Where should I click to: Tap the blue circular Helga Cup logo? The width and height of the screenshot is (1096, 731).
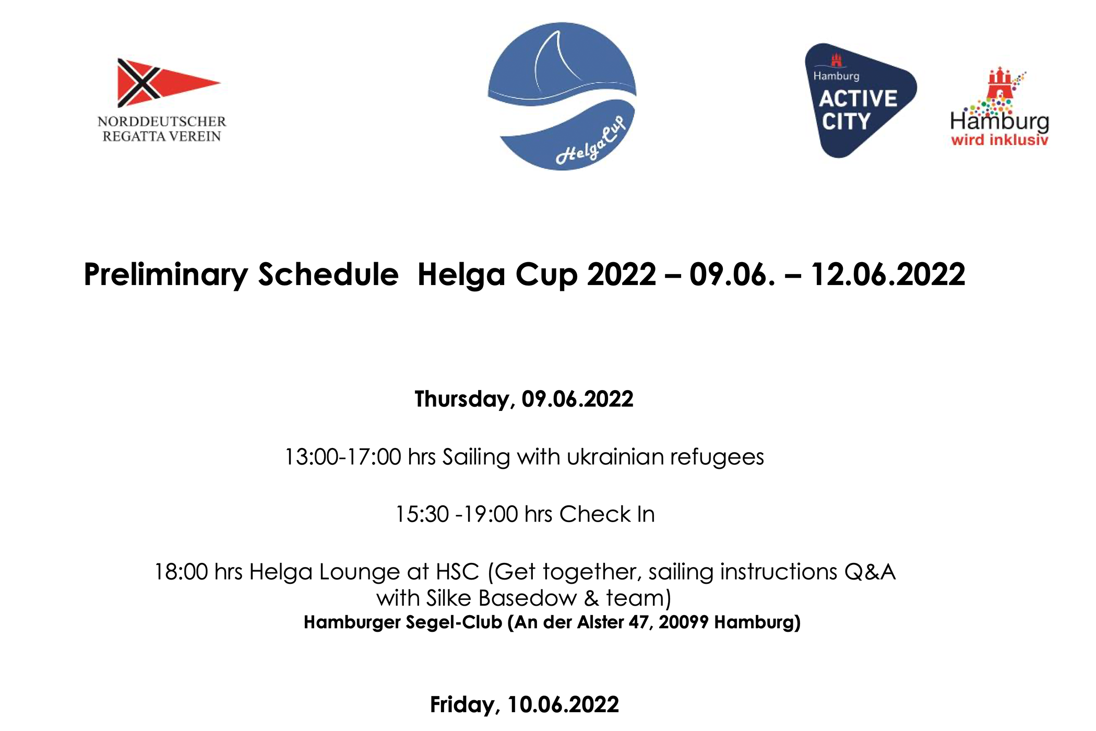[x=562, y=96]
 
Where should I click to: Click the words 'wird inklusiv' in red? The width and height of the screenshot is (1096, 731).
[x=999, y=140]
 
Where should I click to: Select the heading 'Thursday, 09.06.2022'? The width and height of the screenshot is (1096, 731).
[x=524, y=399]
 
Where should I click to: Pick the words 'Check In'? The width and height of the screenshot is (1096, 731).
[x=607, y=514]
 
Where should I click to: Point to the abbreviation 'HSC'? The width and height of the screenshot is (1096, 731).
[x=457, y=572]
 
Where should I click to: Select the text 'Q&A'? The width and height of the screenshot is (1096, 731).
[x=870, y=572]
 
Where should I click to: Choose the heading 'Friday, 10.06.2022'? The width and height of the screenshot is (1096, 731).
[x=525, y=705]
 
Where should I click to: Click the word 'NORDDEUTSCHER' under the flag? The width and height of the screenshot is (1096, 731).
[x=162, y=122]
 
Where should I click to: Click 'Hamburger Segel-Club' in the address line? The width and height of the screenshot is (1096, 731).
[x=403, y=622]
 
